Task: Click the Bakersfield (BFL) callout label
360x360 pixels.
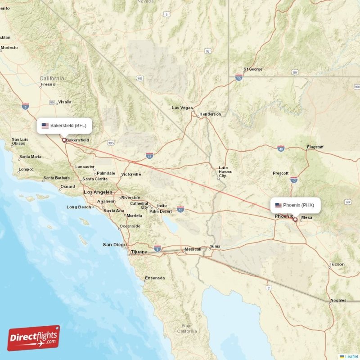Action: click(x=64, y=126)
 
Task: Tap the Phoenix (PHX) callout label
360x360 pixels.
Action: click(x=297, y=205)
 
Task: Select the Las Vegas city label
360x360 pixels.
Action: click(x=182, y=108)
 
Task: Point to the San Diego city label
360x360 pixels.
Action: click(x=115, y=245)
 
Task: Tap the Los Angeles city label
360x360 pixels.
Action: click(x=97, y=192)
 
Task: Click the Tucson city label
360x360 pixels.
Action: click(x=337, y=264)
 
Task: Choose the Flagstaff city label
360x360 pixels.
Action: click(x=315, y=147)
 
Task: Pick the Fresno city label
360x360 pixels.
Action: click(x=48, y=84)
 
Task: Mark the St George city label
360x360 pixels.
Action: click(x=253, y=69)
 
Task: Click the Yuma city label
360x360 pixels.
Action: click(x=215, y=247)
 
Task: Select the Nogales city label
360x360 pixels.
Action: click(x=338, y=300)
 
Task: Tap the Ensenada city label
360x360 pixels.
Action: click(x=154, y=278)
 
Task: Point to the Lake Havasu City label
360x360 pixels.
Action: click(x=223, y=171)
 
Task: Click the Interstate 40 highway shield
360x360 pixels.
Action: click(x=280, y=148)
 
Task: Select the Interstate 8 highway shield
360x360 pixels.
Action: click(x=157, y=248)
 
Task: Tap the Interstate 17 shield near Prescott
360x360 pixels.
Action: click(x=294, y=180)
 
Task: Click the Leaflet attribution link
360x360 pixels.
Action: click(x=351, y=356)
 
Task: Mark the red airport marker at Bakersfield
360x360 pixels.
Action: click(x=64, y=140)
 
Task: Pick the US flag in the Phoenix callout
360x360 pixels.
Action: click(x=279, y=205)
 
